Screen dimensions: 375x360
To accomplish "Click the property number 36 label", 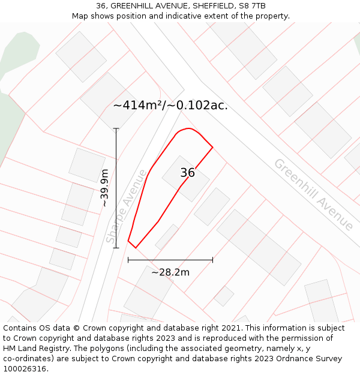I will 187,173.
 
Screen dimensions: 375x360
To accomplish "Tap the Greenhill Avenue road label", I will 313,194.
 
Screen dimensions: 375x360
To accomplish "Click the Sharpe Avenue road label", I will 127,206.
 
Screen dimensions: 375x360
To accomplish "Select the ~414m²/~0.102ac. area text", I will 170,106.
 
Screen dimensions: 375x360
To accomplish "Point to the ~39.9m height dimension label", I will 104,188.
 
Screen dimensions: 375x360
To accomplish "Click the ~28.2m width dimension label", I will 170,272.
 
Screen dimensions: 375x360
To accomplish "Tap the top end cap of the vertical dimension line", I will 116,128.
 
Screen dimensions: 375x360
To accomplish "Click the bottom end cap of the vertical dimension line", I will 116,248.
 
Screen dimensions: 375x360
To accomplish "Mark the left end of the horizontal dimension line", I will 128,260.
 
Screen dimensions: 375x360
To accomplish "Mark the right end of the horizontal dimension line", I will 212,260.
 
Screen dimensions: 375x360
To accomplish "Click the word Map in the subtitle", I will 80,16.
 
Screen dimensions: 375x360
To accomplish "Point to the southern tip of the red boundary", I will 136,247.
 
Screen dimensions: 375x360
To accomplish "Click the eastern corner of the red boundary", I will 212,147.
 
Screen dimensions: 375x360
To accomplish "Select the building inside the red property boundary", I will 185,179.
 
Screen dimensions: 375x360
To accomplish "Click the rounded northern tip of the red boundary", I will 188,128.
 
